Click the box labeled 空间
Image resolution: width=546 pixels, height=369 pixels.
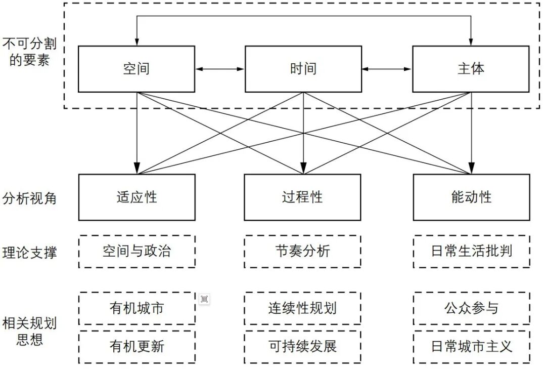(136, 69)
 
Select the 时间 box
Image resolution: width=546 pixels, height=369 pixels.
(303, 69)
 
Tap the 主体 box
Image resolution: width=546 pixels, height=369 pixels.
(471, 69)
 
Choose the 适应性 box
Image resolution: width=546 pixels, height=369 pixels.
(136, 197)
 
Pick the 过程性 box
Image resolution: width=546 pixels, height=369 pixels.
(302, 197)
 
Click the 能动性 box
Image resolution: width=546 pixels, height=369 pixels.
(471, 197)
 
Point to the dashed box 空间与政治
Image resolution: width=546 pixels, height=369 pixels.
(136, 252)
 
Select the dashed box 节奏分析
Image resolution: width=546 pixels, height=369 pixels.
(302, 252)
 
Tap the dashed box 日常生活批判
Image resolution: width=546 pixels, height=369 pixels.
(471, 252)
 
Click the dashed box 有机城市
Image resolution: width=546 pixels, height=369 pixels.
(136, 308)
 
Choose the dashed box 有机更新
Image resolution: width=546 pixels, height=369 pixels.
(136, 346)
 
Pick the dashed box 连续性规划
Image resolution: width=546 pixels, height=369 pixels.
(302, 308)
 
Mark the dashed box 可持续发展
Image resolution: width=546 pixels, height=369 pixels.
(302, 346)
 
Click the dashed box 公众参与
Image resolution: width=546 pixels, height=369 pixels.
(471, 308)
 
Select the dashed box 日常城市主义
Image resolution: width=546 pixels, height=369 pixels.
(471, 346)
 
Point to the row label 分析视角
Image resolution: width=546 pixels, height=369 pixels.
(29, 198)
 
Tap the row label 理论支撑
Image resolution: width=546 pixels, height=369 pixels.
(29, 252)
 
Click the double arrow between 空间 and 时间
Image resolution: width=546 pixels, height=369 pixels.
(220, 69)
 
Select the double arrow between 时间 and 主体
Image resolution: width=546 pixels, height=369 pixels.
(387, 69)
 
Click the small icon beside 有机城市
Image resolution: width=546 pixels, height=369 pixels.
(204, 300)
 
